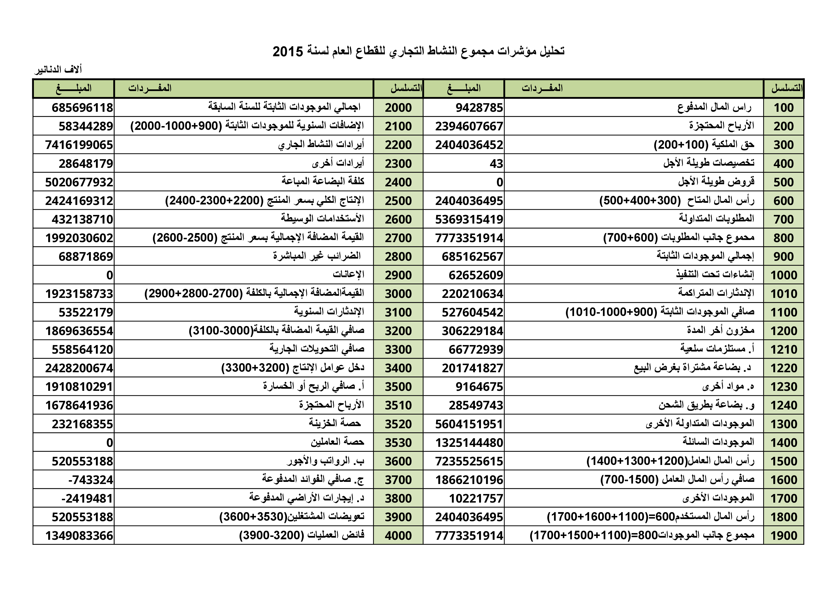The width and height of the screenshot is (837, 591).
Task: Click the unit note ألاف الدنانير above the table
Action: pyautogui.click(x=58, y=70)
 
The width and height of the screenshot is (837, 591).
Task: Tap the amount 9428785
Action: pyautogui.click(x=479, y=108)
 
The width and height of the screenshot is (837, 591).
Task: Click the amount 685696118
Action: pyautogui.click(x=82, y=108)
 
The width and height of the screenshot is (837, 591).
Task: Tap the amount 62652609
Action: pyautogui.click(x=476, y=275)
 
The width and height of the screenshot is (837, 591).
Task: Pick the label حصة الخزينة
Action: pyautogui.click(x=335, y=423)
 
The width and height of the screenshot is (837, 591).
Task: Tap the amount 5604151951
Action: pyautogui.click(x=469, y=424)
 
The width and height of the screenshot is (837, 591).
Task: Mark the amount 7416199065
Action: pyautogui.click(x=79, y=145)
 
